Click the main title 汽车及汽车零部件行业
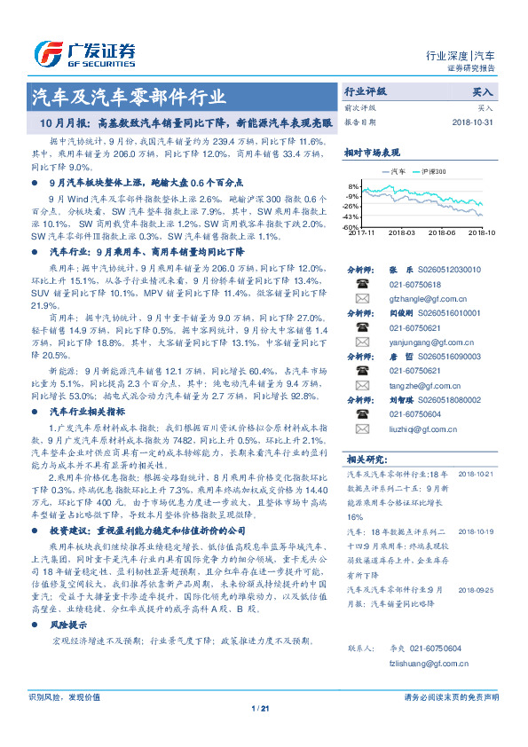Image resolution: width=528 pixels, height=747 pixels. (129, 95)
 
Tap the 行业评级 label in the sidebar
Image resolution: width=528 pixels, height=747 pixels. (366, 91)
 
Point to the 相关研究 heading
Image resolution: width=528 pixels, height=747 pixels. (365, 460)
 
